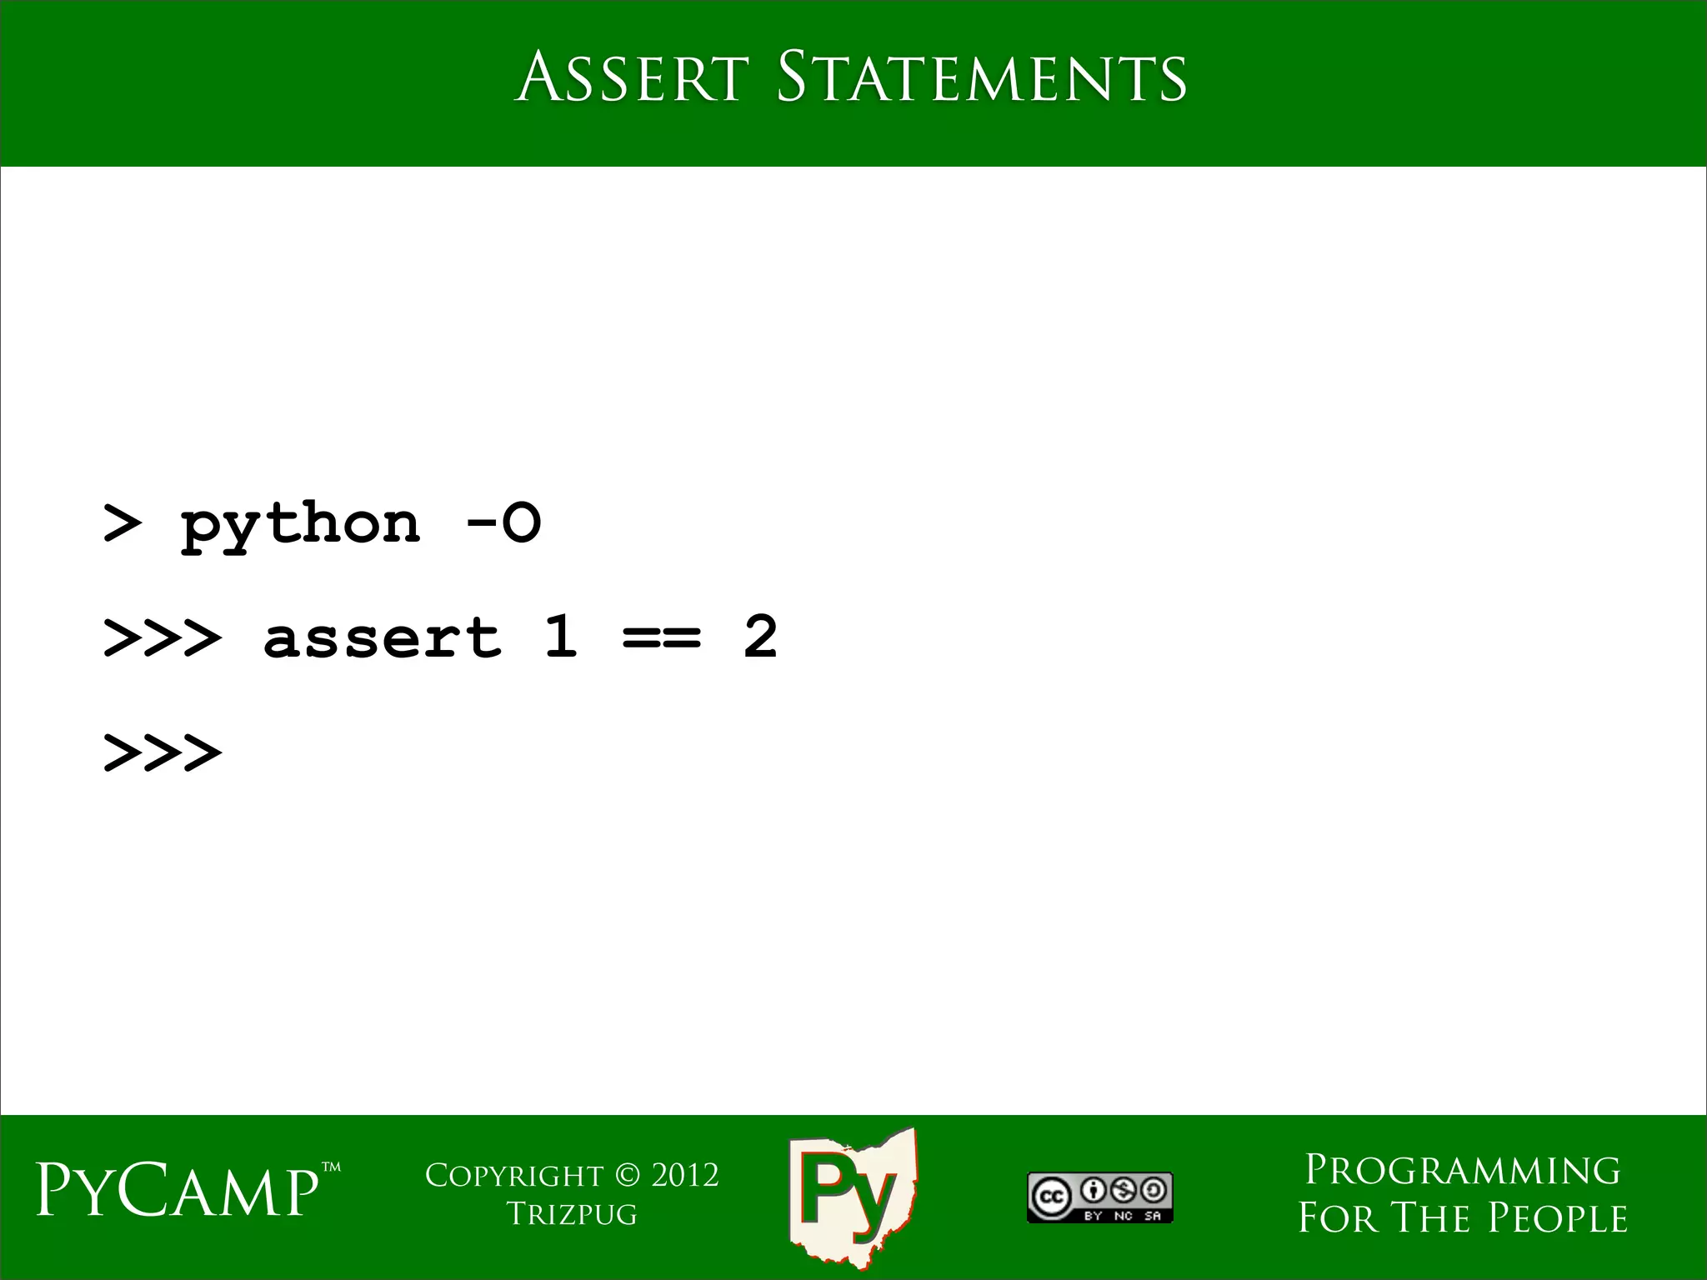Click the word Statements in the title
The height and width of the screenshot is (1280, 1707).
(981, 77)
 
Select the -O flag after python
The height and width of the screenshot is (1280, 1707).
(503, 523)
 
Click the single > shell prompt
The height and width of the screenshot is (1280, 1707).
(122, 524)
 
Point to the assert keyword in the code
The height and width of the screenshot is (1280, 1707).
(382, 638)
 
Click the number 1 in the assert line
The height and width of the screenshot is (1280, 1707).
(561, 637)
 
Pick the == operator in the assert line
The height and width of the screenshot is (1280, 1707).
(662, 638)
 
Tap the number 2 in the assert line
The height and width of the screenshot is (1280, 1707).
(760, 637)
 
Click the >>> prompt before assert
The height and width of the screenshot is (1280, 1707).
(163, 638)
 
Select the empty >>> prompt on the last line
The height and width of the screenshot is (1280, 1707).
(163, 752)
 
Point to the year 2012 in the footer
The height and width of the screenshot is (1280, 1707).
(684, 1175)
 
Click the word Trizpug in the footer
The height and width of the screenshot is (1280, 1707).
(572, 1213)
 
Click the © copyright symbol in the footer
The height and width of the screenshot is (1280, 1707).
(627, 1175)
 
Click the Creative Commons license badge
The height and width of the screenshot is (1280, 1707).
(1099, 1197)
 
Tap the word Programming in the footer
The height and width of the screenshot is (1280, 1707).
(1462, 1170)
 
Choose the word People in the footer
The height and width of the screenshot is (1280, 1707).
(1557, 1218)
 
